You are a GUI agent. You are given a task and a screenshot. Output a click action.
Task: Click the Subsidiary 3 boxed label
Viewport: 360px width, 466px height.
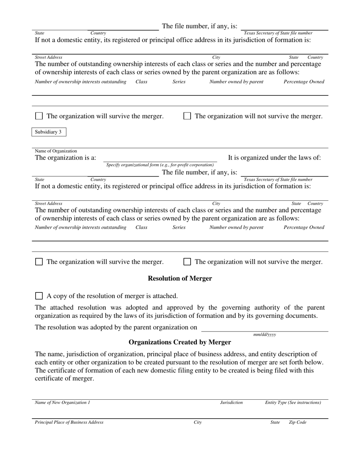tap(48, 132)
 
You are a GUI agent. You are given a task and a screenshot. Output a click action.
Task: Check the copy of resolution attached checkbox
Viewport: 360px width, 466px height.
tap(39, 296)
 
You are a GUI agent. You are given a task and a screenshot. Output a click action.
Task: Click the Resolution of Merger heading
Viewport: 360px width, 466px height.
tap(180, 278)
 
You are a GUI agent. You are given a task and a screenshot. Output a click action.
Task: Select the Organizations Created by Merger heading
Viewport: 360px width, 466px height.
tap(180, 342)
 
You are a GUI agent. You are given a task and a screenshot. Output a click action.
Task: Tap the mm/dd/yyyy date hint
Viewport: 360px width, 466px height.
tap(265, 335)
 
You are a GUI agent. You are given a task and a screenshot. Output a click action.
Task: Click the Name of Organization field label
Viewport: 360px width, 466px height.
tap(56, 151)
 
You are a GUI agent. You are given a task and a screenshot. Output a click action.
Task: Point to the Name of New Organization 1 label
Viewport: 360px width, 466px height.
tap(63, 402)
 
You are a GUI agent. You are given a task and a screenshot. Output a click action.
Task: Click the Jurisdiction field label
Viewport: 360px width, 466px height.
tap(231, 402)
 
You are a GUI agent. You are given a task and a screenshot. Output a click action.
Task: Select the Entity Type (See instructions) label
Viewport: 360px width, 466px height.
tap(293, 402)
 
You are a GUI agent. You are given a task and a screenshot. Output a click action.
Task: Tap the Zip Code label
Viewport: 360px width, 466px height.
tap(297, 422)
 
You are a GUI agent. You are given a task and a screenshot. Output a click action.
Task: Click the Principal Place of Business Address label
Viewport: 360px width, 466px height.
tap(69, 422)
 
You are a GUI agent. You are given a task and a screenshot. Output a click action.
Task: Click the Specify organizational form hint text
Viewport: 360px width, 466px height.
tap(160, 165)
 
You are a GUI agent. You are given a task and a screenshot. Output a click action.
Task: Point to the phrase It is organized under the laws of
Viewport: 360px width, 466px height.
tap(274, 158)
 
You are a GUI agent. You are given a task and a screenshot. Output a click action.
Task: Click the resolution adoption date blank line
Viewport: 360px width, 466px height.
tap(264, 328)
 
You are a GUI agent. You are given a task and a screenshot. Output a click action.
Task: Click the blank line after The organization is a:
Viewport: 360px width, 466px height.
tap(160, 159)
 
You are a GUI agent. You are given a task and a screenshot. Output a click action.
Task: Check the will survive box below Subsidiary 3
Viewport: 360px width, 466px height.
tap(39, 262)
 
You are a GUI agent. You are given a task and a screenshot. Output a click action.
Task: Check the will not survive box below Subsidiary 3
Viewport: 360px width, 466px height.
tap(187, 262)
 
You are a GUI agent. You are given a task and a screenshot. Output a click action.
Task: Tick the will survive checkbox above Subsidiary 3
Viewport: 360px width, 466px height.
tap(39, 116)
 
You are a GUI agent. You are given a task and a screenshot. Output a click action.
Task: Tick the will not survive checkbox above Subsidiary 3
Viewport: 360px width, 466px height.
tap(187, 116)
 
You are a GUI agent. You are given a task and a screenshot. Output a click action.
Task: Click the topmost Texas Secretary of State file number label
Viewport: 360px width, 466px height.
tap(278, 33)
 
